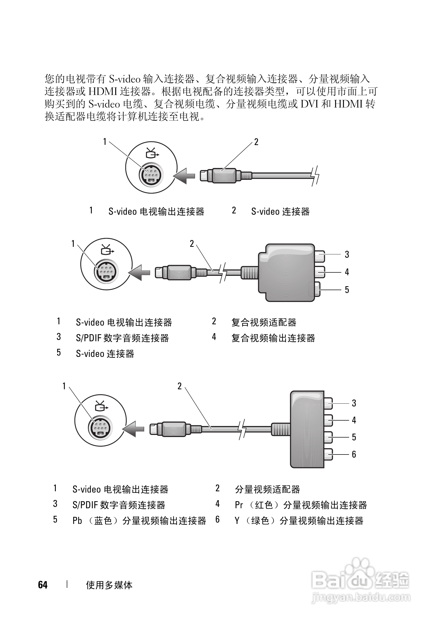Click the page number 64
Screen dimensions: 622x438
(x=43, y=585)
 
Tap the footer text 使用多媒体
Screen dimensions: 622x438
(x=109, y=585)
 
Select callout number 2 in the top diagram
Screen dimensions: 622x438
(x=256, y=142)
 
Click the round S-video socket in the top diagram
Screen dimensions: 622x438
(x=151, y=175)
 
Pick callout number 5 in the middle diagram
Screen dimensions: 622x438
(x=347, y=290)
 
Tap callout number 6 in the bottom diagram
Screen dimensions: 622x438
(x=354, y=454)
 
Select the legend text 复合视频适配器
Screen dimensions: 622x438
(x=264, y=322)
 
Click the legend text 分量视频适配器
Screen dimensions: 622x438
(x=267, y=489)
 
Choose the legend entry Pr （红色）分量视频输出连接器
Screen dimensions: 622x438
(x=301, y=505)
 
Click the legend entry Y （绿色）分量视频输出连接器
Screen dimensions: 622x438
(x=299, y=521)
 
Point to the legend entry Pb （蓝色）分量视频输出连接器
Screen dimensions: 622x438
(x=139, y=521)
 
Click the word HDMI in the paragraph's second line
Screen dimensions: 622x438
(x=103, y=92)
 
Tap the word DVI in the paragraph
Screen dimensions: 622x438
(x=309, y=104)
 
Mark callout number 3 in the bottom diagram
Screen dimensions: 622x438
(x=354, y=403)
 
